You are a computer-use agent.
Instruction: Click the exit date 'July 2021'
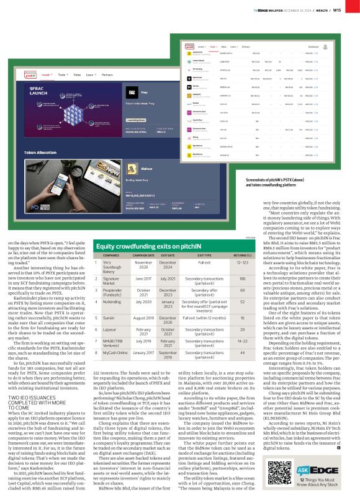[x=176, y=280]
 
